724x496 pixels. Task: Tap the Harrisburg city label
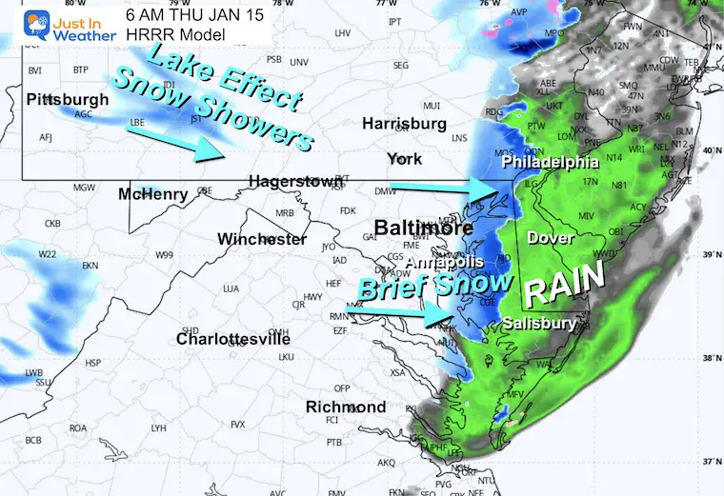[x=404, y=124]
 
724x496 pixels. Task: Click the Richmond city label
[x=345, y=407]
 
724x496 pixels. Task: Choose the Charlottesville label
[x=233, y=339]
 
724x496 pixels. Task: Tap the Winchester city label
[x=262, y=239]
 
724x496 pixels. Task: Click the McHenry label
[x=153, y=194]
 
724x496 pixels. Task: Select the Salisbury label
[x=539, y=324]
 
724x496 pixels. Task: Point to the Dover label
[x=551, y=237]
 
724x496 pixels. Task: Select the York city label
[x=404, y=158]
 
